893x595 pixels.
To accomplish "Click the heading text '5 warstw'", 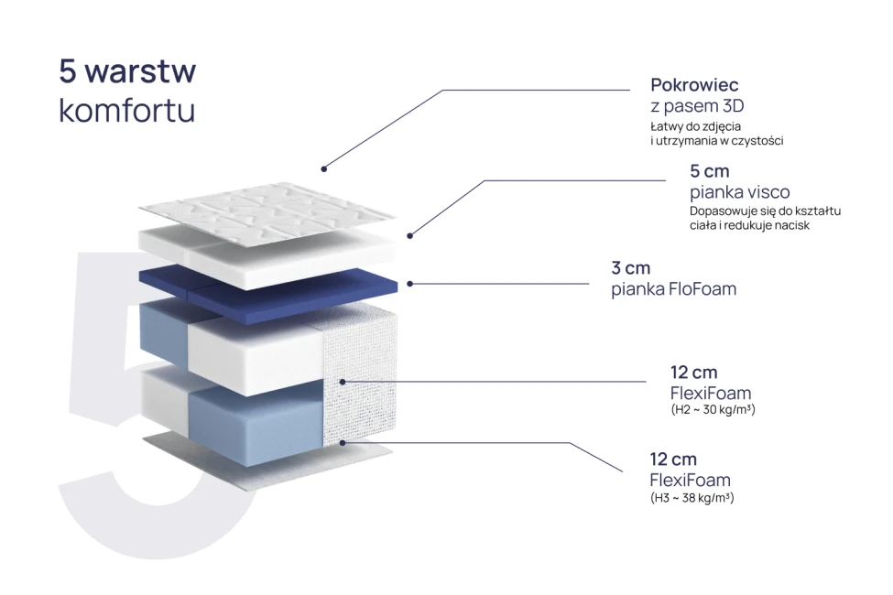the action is click(x=127, y=71).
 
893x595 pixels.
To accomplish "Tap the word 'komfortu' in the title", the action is click(x=127, y=110).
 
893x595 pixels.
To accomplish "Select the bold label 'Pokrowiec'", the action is click(x=694, y=85).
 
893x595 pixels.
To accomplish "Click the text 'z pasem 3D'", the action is click(x=697, y=106).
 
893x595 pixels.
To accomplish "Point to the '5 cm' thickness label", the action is click(x=709, y=171).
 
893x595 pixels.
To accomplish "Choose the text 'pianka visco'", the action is click(x=740, y=192).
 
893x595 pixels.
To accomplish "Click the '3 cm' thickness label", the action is click(x=630, y=267).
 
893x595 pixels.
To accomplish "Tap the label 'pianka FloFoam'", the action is click(x=674, y=288).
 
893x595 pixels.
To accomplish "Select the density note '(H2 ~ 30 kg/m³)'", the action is click(x=713, y=409).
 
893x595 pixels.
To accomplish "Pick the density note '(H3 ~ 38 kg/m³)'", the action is click(x=692, y=498).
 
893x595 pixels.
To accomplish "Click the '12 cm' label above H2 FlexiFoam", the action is click(x=693, y=373).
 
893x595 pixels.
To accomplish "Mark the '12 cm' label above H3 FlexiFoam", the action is click(x=673, y=459).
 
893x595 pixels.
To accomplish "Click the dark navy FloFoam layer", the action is click(x=267, y=287).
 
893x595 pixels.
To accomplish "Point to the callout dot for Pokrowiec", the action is click(x=323, y=169).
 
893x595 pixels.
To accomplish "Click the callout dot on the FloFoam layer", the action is click(x=409, y=284).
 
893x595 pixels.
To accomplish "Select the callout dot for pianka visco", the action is click(x=409, y=235).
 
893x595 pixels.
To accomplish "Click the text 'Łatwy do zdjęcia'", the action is click(x=695, y=126).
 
